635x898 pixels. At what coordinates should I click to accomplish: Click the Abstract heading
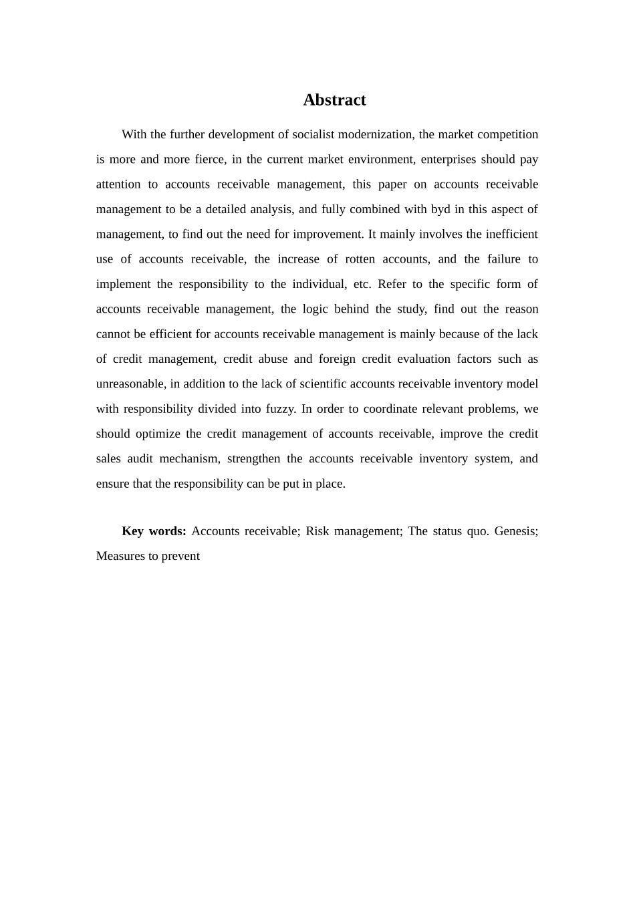tap(334, 100)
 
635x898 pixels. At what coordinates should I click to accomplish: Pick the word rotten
tap(360, 259)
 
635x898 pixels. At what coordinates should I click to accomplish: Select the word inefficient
tap(507, 235)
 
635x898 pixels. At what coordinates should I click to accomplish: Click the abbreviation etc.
tap(362, 284)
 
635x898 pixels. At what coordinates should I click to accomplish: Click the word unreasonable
tap(130, 384)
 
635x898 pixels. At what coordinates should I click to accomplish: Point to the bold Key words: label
tap(154, 531)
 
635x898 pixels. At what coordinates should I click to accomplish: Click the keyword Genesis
tap(515, 531)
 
